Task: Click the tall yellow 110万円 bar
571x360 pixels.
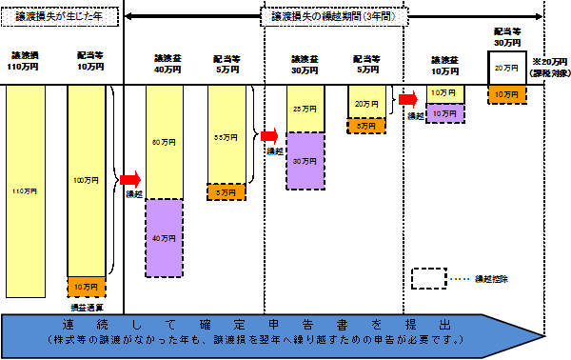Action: pyautogui.click(x=25, y=190)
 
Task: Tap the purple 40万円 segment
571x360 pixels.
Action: pyautogui.click(x=165, y=237)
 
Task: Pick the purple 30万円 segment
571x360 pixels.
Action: pyautogui.click(x=305, y=161)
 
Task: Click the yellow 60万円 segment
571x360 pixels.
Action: pyautogui.click(x=165, y=142)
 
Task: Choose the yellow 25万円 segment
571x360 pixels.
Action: pyautogui.click(x=305, y=108)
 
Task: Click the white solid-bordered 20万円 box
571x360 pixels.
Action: pyautogui.click(x=506, y=68)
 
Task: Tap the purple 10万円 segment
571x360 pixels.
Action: pyautogui.click(x=443, y=112)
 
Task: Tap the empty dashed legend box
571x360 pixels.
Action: pyautogui.click(x=429, y=278)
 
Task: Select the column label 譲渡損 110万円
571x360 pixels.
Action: pyautogui.click(x=25, y=62)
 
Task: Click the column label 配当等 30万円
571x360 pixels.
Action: pyautogui.click(x=506, y=36)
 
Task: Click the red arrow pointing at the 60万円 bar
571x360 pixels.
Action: pyautogui.click(x=130, y=178)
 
